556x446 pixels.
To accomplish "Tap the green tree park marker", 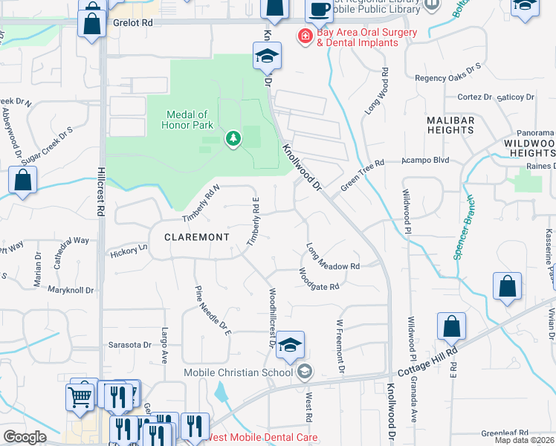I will click(x=233, y=138).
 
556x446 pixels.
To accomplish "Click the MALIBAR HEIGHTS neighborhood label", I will click(x=450, y=124).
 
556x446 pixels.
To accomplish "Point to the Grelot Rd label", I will click(x=133, y=23).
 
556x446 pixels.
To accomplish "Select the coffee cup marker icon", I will click(x=320, y=10).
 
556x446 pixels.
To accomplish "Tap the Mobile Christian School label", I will click(x=241, y=372).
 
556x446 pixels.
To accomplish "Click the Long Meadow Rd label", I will click(x=333, y=256).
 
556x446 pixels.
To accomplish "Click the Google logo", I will click(x=25, y=437).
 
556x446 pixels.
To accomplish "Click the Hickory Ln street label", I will click(x=128, y=252).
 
